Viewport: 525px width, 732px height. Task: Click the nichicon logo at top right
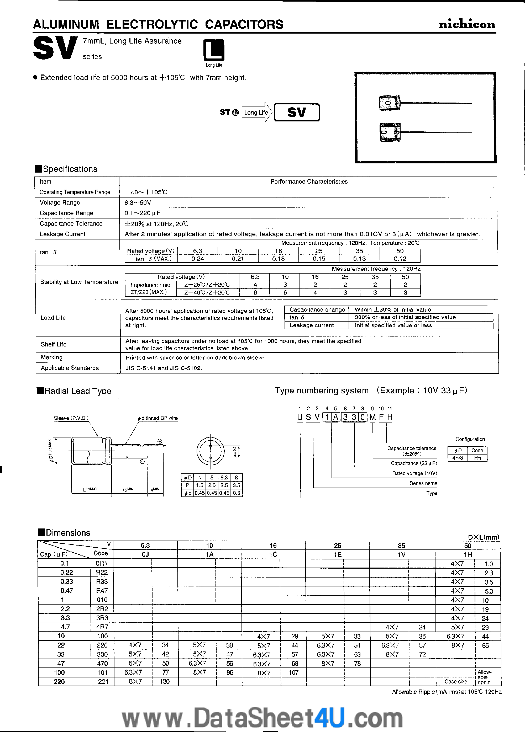(x=466, y=24)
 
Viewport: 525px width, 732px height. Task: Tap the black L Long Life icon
(x=214, y=51)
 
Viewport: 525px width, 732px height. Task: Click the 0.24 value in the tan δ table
(x=198, y=259)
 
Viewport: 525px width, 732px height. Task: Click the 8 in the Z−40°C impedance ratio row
(x=255, y=292)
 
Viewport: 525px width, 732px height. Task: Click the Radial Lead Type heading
(x=77, y=391)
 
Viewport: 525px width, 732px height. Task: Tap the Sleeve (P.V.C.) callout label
(x=71, y=418)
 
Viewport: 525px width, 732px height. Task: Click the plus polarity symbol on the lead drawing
(x=160, y=441)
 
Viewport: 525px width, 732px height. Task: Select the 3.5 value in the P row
(x=237, y=485)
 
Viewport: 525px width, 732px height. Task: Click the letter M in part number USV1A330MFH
(x=372, y=417)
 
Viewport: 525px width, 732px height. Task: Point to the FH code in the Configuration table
(x=477, y=458)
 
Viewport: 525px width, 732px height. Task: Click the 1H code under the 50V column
(x=468, y=554)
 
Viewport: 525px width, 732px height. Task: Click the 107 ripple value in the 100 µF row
(x=293, y=673)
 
